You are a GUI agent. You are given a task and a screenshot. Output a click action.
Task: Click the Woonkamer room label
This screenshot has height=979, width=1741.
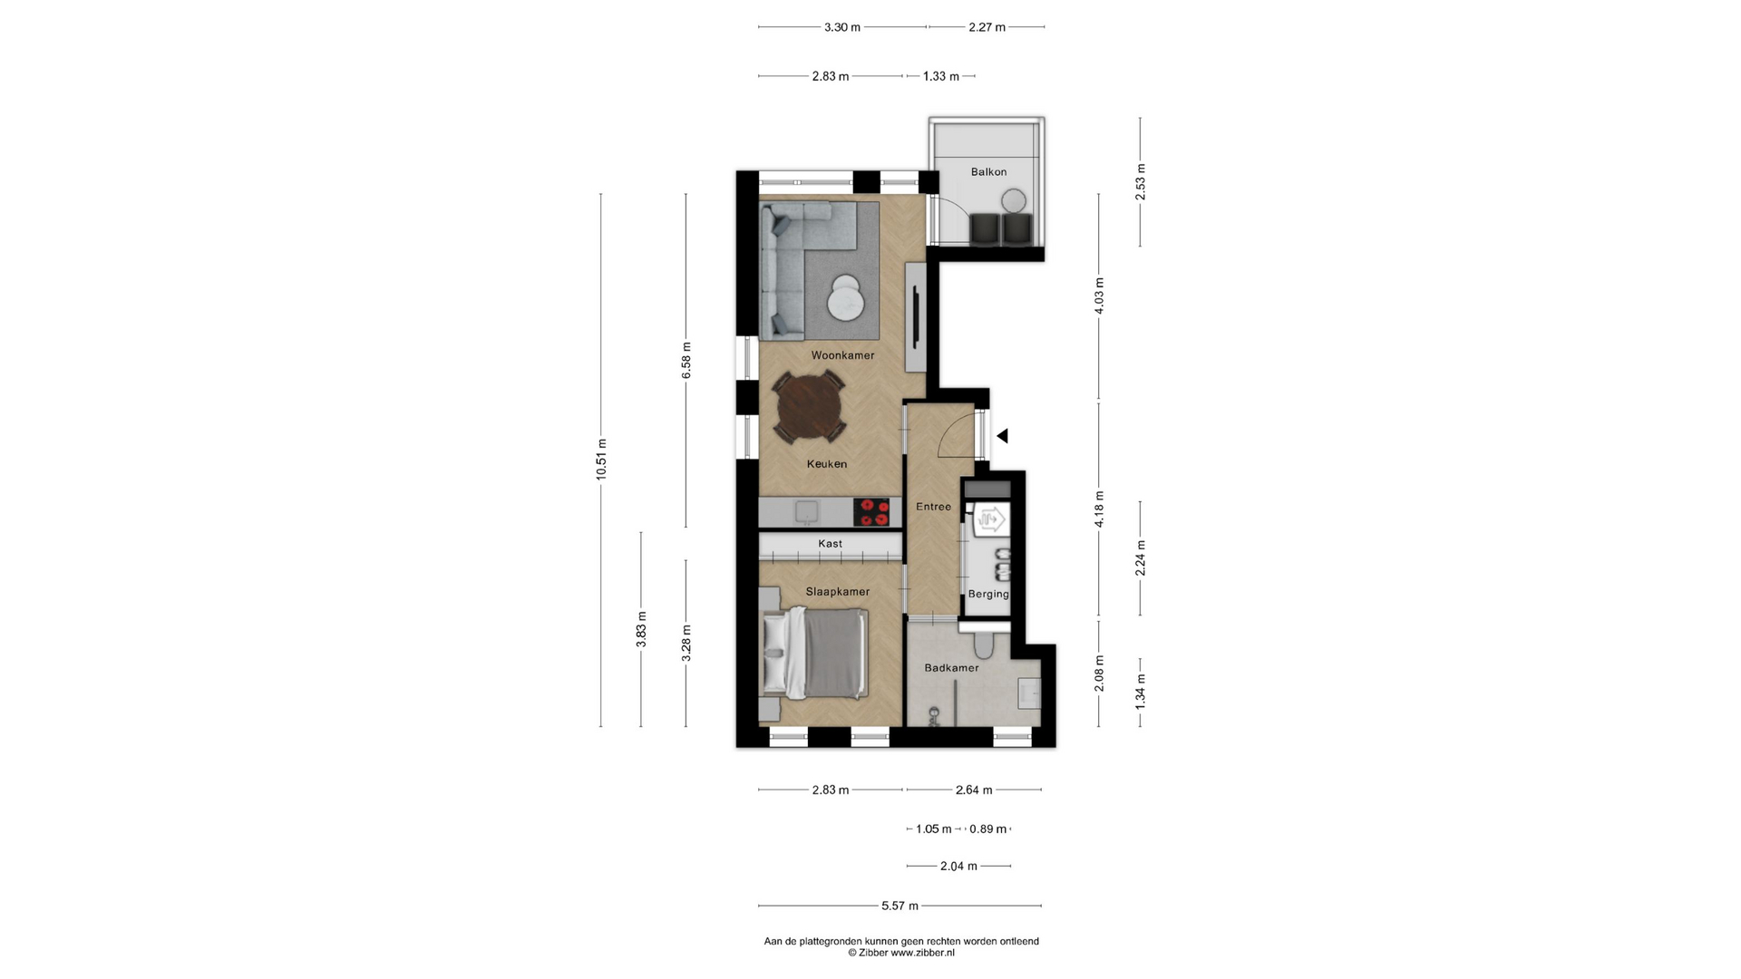click(x=842, y=355)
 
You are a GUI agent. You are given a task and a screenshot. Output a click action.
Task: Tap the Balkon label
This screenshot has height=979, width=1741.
click(x=988, y=171)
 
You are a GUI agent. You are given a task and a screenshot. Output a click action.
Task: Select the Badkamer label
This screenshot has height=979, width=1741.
click(x=951, y=668)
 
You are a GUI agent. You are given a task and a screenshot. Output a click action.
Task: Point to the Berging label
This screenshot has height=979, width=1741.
click(x=988, y=595)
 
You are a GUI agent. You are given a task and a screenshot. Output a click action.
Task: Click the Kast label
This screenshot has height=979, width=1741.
click(x=830, y=544)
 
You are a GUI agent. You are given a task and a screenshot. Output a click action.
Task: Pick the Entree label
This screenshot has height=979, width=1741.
click(x=933, y=507)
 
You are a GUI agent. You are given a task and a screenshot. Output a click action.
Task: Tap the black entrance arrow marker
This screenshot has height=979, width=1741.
click(x=1002, y=436)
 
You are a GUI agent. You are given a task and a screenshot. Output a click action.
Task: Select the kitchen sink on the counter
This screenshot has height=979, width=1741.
click(x=172, y=513)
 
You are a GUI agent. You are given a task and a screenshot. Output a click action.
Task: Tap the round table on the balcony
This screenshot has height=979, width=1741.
click(x=1014, y=200)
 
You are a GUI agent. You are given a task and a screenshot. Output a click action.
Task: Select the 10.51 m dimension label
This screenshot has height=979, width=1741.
click(x=601, y=460)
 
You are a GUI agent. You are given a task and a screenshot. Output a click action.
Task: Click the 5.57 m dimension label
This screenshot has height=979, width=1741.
click(x=900, y=906)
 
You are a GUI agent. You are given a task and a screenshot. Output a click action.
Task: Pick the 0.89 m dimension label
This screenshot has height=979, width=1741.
click(x=988, y=829)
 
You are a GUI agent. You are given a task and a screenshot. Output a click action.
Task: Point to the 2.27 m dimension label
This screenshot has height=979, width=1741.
click(x=987, y=27)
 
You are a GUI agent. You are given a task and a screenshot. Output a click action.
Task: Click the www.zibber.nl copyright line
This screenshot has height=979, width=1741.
click(x=901, y=953)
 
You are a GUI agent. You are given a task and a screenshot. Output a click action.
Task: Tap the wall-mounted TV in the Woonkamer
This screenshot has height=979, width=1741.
click(x=917, y=317)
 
